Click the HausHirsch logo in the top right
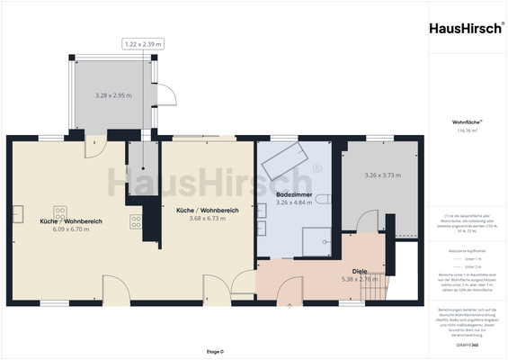point(465,28)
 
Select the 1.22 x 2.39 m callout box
point(144,42)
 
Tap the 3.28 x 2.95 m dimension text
point(114,94)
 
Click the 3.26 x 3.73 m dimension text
point(382,175)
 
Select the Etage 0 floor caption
point(215,351)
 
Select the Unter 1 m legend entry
point(472,257)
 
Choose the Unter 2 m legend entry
point(472,267)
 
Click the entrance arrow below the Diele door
point(290,306)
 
